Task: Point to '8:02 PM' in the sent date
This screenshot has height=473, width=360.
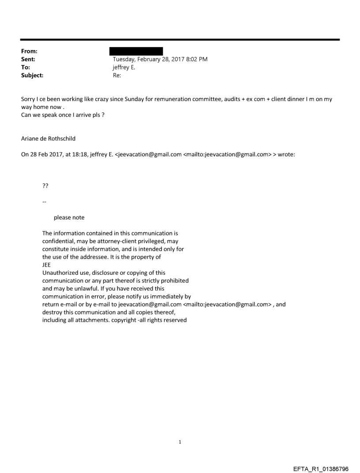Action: (x=197, y=59)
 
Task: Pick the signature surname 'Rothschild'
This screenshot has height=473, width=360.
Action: (x=60, y=138)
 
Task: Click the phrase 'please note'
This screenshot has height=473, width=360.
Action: (x=69, y=217)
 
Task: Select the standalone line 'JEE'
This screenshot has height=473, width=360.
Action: (x=46, y=265)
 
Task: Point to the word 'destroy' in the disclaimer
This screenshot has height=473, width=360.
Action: (x=52, y=313)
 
